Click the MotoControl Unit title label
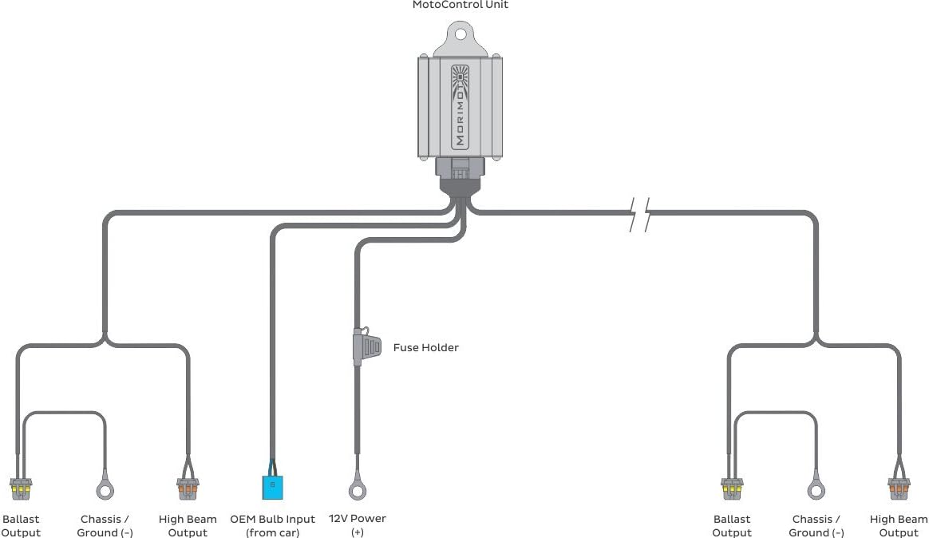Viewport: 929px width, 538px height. pos(461,5)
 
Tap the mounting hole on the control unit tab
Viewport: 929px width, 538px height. pos(460,33)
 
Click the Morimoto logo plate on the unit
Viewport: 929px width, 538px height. pos(460,107)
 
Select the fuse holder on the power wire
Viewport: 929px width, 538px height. pos(367,346)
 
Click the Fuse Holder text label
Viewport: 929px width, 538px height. pos(426,348)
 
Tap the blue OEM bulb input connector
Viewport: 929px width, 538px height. pos(272,486)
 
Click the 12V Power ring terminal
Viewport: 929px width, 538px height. pos(358,489)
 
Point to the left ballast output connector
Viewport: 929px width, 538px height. pos(21,489)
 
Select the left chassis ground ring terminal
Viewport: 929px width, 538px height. pos(105,489)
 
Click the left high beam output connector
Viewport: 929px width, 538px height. pos(188,489)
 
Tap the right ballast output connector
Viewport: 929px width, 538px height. pos(732,489)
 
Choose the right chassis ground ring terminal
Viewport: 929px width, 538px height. pos(816,489)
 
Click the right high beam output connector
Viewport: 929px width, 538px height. pos(899,489)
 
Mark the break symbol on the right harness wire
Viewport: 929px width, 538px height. pos(640,214)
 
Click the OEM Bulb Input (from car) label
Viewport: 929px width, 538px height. pos(272,525)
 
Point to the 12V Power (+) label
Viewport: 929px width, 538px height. pos(358,525)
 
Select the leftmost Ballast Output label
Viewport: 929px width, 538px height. pos(21,525)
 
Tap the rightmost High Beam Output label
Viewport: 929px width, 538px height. pos(899,525)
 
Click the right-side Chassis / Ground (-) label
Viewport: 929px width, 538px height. pos(816,525)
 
